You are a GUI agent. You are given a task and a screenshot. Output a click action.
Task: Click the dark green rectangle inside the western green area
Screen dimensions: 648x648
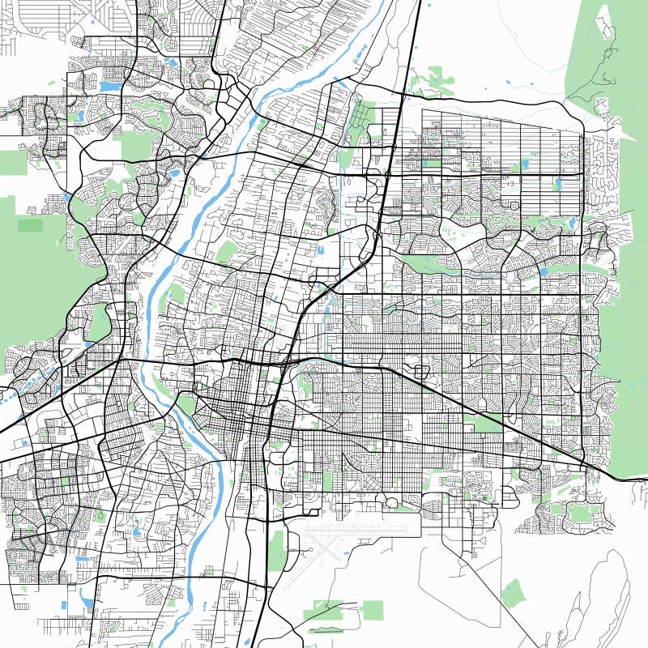[x=31, y=225]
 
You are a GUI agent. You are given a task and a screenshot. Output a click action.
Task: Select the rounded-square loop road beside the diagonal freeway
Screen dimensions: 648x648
[x=421, y=372]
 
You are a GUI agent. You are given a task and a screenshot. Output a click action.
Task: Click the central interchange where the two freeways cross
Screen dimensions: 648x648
[x=285, y=363]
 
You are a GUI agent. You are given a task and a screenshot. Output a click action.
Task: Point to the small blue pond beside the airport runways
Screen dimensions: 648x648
[x=309, y=550]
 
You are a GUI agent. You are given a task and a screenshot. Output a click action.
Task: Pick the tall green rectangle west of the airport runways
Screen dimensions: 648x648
[x=276, y=550]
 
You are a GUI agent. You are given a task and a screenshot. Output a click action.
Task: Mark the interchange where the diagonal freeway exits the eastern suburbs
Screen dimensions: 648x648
[x=584, y=464]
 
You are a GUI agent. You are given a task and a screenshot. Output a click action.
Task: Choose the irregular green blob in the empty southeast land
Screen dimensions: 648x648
[x=513, y=594]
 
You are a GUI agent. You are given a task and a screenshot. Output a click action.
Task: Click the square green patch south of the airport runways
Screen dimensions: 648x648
[x=372, y=609]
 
